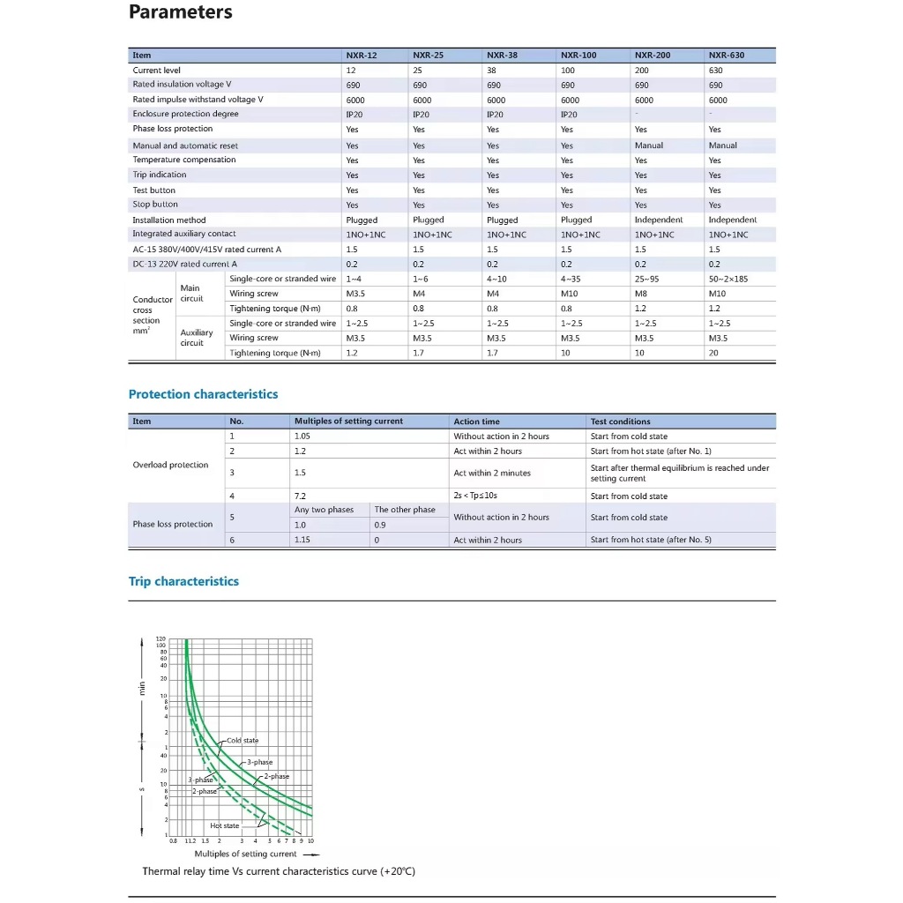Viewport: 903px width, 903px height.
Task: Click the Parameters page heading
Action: tap(181, 12)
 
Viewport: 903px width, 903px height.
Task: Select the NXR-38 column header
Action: tap(502, 55)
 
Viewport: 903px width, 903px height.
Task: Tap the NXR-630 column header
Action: tap(726, 55)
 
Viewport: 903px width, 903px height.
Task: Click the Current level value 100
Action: tap(567, 71)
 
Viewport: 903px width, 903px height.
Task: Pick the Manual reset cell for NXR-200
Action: tap(649, 146)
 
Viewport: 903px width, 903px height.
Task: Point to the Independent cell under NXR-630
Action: tap(732, 220)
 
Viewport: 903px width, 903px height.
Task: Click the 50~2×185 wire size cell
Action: tap(728, 279)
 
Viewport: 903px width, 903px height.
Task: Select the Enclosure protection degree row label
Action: tap(185, 114)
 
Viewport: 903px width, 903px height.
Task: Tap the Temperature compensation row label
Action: tap(184, 160)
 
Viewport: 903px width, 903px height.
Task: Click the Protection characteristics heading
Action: tap(203, 394)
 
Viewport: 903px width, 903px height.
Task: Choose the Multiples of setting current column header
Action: tap(348, 422)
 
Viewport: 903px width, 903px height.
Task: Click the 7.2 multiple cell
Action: tap(301, 496)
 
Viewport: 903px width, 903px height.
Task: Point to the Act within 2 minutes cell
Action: tap(493, 474)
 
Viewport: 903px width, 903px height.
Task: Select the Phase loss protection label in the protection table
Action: tap(173, 524)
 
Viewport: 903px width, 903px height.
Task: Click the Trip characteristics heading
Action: tap(183, 581)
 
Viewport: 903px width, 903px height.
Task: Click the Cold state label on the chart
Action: tap(243, 741)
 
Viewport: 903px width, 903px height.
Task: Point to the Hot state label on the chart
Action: tap(224, 826)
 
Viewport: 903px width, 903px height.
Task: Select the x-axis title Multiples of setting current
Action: tap(246, 854)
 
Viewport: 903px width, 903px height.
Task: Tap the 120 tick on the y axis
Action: tap(160, 638)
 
